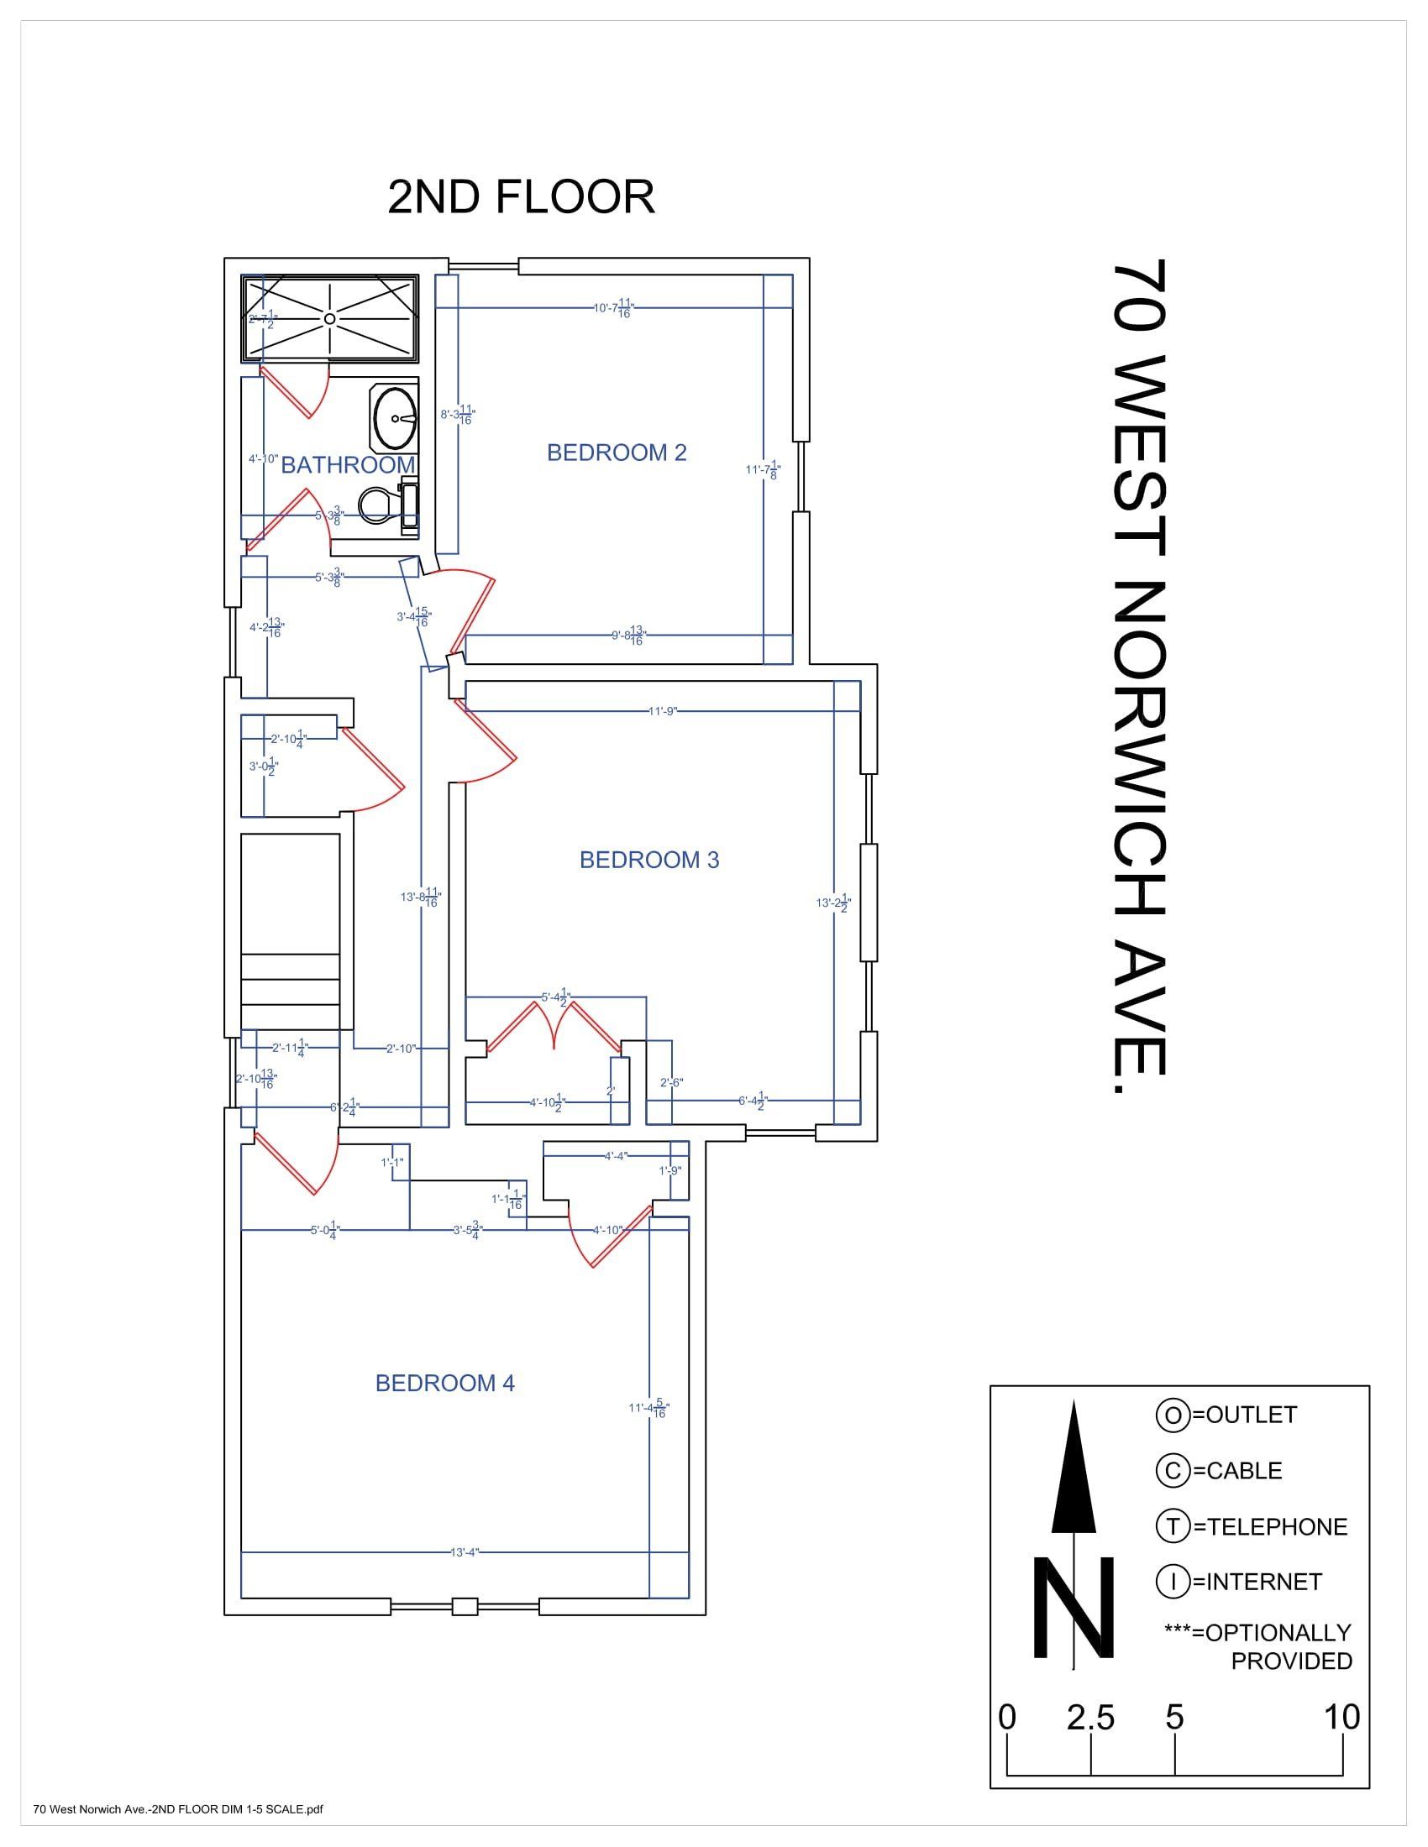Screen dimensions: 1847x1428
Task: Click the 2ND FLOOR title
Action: click(521, 197)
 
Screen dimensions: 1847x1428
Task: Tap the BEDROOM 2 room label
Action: click(616, 453)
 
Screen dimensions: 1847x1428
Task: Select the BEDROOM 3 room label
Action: click(648, 859)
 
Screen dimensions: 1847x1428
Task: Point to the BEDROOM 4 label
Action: click(445, 1383)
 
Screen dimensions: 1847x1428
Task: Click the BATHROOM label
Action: click(348, 464)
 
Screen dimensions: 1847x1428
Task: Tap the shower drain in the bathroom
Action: click(330, 318)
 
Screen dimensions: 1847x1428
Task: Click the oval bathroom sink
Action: click(394, 418)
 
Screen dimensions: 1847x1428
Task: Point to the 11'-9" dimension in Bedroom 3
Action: click(663, 711)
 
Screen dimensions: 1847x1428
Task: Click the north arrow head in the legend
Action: click(1074, 1471)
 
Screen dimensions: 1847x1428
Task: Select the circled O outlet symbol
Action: click(1173, 1415)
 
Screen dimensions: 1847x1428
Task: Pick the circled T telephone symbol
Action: click(1173, 1526)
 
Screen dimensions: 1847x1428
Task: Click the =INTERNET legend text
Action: click(1257, 1582)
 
